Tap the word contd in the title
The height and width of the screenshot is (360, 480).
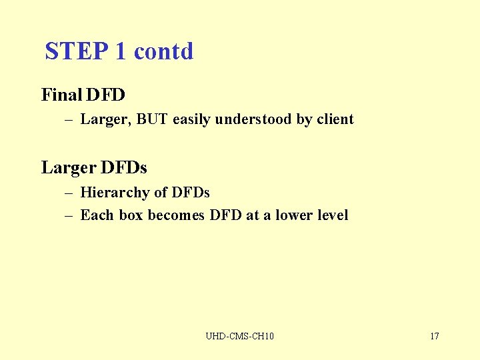tap(164, 51)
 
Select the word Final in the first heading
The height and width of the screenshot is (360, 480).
tap(61, 95)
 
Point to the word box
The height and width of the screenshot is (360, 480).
tap(131, 215)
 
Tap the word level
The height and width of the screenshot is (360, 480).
tap(333, 215)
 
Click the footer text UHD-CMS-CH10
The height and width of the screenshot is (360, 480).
tap(240, 336)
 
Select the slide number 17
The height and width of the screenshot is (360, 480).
tap(434, 336)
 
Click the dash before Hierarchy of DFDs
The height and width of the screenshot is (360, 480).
tap(69, 193)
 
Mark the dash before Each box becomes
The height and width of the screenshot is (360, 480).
tap(69, 215)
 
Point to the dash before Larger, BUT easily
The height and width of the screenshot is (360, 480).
tap(69, 120)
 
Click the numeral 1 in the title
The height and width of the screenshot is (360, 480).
tap(121, 51)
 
